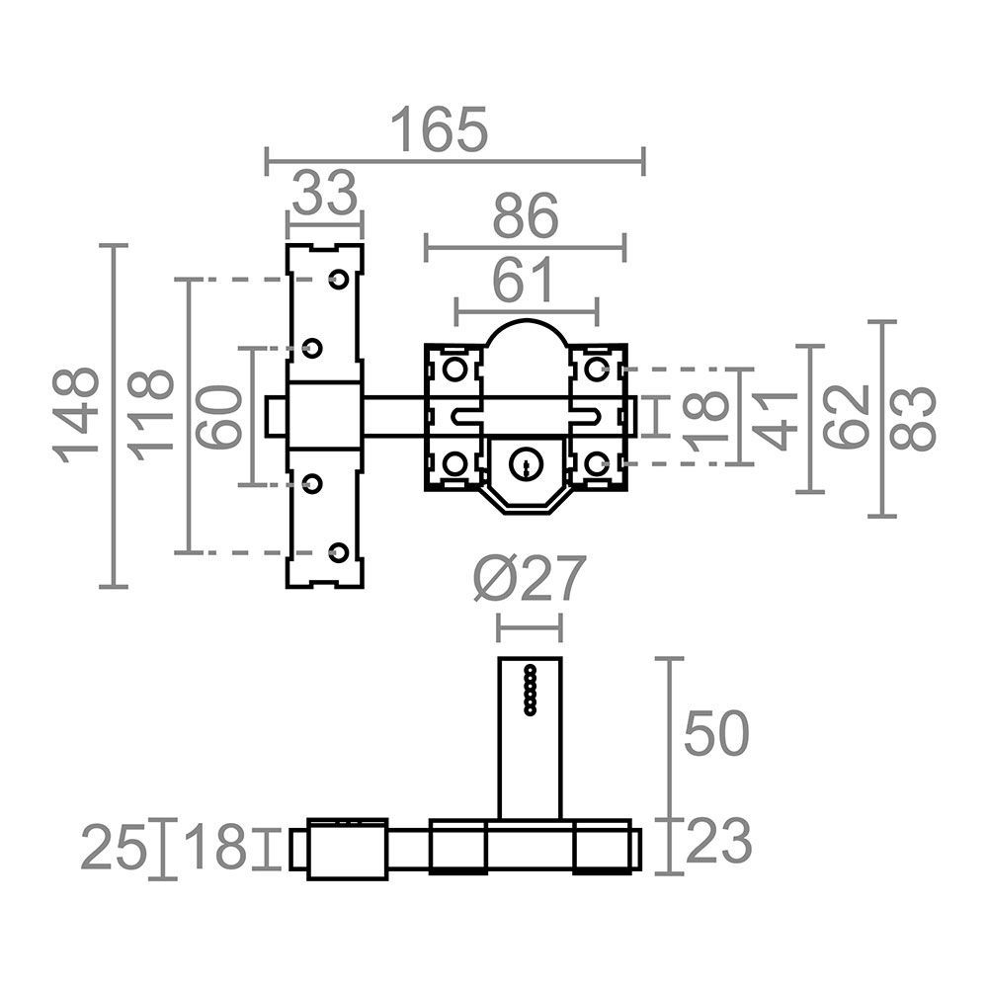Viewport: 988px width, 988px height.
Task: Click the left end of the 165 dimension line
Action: point(267,162)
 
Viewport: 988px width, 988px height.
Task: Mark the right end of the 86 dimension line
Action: point(623,248)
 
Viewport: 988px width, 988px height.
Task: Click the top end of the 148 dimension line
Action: point(114,246)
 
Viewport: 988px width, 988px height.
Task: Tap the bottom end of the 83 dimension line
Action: point(882,516)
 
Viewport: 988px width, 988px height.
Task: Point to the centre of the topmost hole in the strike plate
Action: point(339,280)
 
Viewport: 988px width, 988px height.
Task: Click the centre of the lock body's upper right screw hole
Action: point(596,369)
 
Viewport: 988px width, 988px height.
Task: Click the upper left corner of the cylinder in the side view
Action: point(499,658)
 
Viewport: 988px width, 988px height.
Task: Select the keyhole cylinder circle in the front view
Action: point(525,465)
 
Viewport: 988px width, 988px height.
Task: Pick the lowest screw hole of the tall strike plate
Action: point(339,552)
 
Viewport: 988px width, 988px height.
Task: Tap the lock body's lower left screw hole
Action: point(453,464)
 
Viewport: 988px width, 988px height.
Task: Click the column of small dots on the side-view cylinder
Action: point(530,690)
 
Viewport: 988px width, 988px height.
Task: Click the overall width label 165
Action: point(440,129)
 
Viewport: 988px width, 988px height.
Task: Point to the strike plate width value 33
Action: point(324,193)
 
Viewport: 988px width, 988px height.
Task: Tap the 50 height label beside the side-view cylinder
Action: point(716,733)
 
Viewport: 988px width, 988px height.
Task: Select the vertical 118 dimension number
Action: point(150,415)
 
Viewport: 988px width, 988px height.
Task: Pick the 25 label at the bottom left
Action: point(114,848)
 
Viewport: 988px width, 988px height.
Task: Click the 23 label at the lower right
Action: point(718,841)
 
